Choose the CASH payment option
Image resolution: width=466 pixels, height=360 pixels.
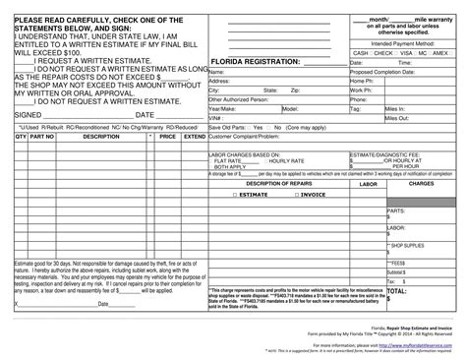tap(359, 53)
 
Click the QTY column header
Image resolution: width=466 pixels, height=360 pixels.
tap(21, 138)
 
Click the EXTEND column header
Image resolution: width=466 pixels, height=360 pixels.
tap(193, 138)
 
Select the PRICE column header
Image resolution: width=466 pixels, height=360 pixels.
tap(166, 138)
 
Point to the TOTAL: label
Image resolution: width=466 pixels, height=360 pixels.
tap(396, 291)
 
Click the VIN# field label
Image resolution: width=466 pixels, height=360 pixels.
tap(214, 117)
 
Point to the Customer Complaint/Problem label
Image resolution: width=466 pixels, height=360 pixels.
tap(241, 138)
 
